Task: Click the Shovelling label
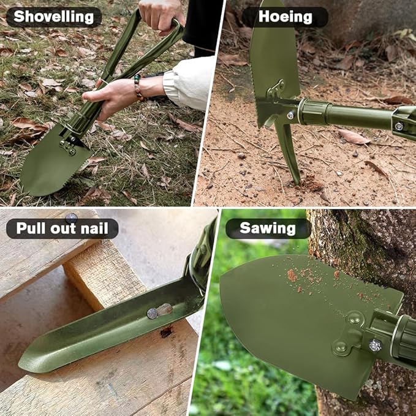tap(54, 17)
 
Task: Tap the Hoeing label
tap(285, 17)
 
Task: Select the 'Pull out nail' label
tap(62, 229)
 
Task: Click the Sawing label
tap(268, 229)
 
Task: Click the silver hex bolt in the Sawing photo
tap(375, 345)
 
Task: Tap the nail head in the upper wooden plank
tap(72, 216)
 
